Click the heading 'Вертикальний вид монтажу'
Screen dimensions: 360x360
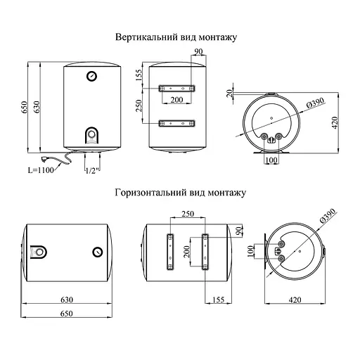coord(180,37)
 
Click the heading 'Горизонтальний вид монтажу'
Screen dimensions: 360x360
coord(180,191)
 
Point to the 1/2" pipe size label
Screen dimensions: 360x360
coord(91,169)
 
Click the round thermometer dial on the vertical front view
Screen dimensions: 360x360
coord(91,76)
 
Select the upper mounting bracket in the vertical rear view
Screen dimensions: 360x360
coord(176,89)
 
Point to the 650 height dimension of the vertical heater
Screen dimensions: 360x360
coord(26,107)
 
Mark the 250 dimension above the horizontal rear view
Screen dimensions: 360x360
coord(186,214)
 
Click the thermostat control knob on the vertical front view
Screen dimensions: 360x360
coord(92,134)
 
